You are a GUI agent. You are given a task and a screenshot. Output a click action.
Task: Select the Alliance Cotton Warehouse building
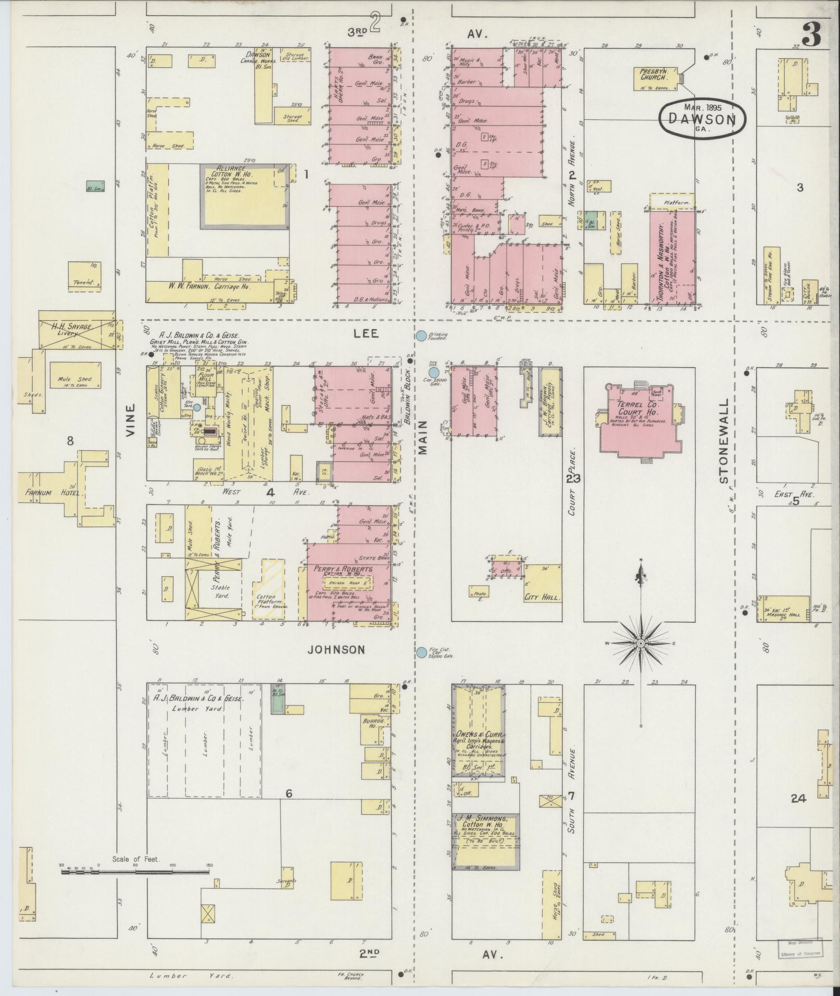pyautogui.click(x=244, y=196)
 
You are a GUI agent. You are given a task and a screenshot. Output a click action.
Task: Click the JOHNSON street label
pyautogui.click(x=335, y=649)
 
